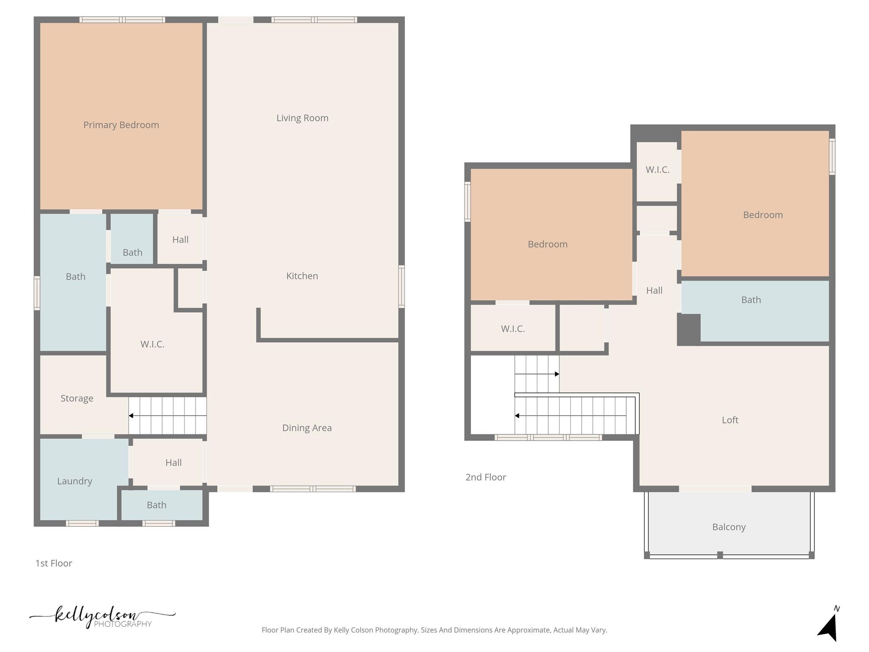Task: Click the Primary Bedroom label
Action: (x=121, y=125)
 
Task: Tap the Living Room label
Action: (x=302, y=118)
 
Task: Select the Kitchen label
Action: (x=302, y=276)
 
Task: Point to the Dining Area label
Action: (x=307, y=428)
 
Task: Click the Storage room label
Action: (x=77, y=399)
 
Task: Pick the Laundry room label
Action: (x=75, y=481)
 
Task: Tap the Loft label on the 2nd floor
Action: (x=730, y=420)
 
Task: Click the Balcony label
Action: (x=729, y=527)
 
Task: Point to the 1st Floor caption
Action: (x=53, y=563)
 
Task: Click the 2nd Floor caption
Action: (x=485, y=477)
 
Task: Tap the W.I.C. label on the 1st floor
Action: (x=152, y=344)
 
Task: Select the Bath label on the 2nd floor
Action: (x=751, y=300)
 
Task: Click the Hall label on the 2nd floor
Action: (x=654, y=290)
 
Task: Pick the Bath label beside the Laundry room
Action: (x=156, y=505)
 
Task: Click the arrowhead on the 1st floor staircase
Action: (x=131, y=416)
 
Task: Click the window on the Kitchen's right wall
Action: (x=401, y=286)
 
